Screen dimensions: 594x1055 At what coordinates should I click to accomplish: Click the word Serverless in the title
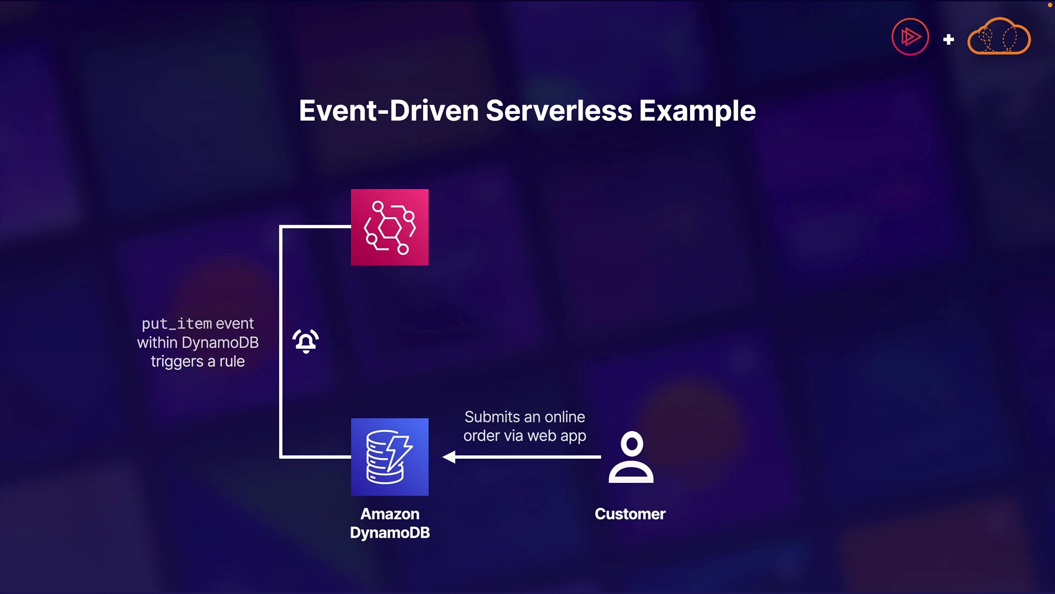pos(559,111)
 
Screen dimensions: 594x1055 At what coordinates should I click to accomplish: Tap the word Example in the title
pos(697,111)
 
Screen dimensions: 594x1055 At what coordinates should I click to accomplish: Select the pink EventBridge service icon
pos(390,227)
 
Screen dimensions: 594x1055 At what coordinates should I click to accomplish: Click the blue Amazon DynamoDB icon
pos(390,457)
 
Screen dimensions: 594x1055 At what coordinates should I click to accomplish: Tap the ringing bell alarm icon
pos(306,341)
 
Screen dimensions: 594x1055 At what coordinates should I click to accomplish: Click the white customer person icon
pos(631,458)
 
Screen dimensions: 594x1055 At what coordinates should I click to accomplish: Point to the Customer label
pos(630,514)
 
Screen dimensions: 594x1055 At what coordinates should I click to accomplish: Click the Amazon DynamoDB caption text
pos(390,523)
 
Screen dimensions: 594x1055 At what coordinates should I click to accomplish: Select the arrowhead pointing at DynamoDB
pos(449,457)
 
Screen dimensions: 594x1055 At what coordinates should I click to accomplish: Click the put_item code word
pos(176,323)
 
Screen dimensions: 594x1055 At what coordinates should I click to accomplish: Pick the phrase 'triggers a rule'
pos(198,361)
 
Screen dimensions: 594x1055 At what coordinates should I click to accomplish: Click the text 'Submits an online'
pos(524,417)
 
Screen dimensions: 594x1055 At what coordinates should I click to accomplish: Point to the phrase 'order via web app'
pos(524,436)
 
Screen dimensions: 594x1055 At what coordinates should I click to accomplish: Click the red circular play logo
pos(910,37)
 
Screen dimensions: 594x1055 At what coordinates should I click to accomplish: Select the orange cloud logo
pos(999,37)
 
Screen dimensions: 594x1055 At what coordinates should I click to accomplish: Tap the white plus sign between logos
pos(948,39)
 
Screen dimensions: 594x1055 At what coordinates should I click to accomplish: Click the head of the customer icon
pos(631,443)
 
